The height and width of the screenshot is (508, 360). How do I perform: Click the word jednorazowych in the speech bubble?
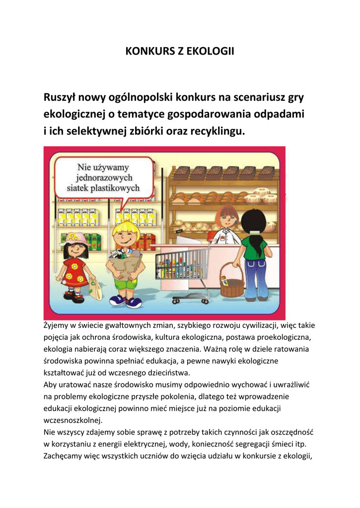tap(104, 178)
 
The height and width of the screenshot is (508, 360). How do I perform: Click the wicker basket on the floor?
tap(231, 282)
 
